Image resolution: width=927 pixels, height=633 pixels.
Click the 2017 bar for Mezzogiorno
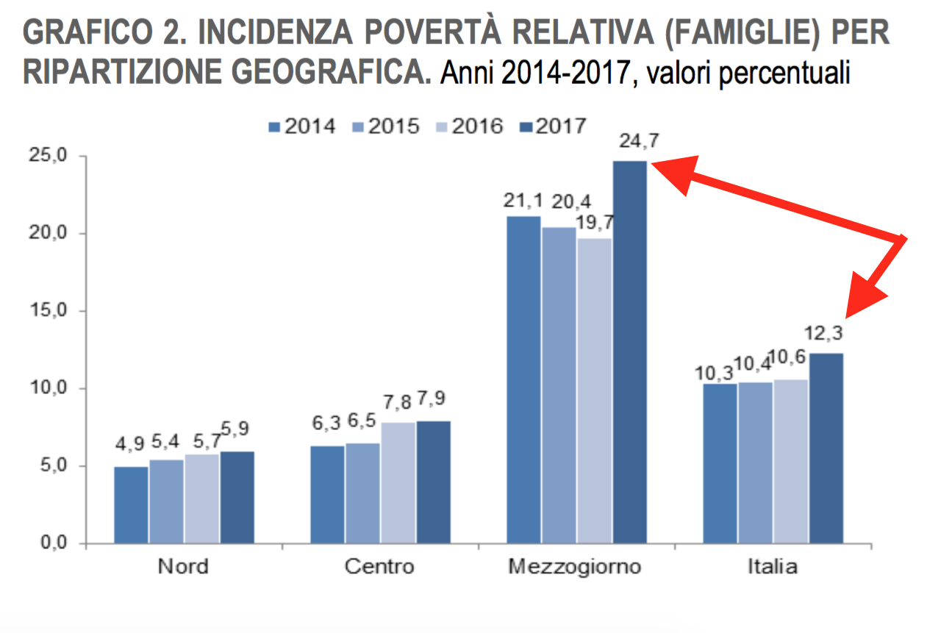[630, 353]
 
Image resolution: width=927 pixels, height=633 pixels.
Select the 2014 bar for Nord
[131, 505]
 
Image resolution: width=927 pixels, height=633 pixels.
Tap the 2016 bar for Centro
[398, 483]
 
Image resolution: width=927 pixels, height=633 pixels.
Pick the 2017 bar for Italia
[826, 448]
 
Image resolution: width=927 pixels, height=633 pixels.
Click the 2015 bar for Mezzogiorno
[559, 386]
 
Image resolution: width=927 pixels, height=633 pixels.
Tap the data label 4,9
[131, 446]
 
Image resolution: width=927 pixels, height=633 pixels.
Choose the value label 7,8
[398, 403]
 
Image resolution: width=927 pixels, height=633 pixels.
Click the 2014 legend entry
[302, 126]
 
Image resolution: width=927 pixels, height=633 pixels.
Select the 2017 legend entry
[553, 126]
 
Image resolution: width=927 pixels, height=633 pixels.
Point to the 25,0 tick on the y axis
[48, 157]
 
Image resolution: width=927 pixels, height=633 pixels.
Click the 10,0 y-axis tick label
[48, 388]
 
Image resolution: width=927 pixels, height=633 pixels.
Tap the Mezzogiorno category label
[574, 568]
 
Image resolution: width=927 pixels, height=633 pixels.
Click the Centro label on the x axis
[379, 568]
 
